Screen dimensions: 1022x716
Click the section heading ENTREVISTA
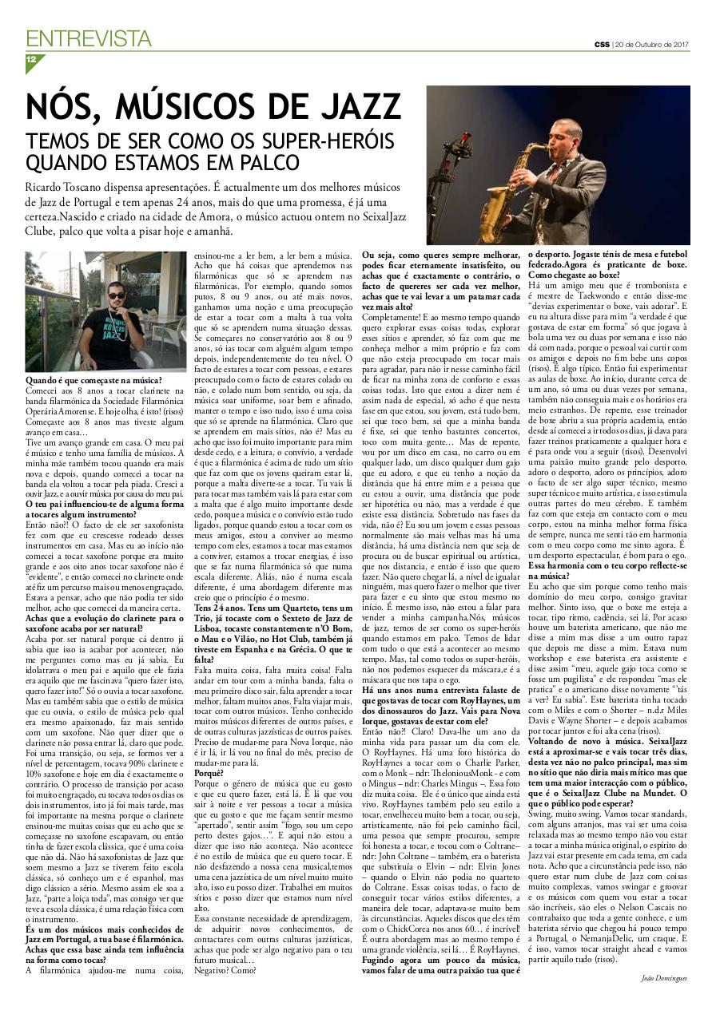tap(88, 38)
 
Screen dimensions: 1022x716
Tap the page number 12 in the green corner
tap(31, 60)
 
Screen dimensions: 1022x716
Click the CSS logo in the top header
tap(600, 44)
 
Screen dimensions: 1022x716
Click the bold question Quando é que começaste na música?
tap(93, 380)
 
